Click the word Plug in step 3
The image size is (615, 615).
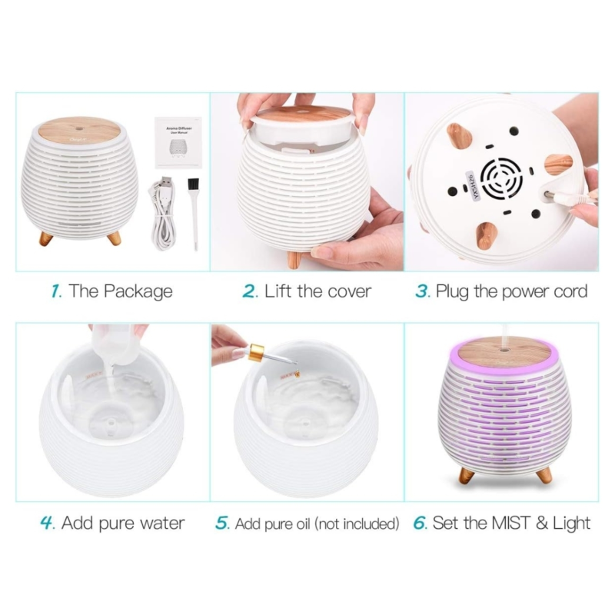[454, 291]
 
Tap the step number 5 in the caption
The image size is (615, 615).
[223, 524]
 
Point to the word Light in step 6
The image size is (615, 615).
[570, 524]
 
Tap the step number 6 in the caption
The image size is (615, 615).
[420, 524]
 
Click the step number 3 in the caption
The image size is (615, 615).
[422, 291]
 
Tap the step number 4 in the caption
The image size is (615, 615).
[48, 524]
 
